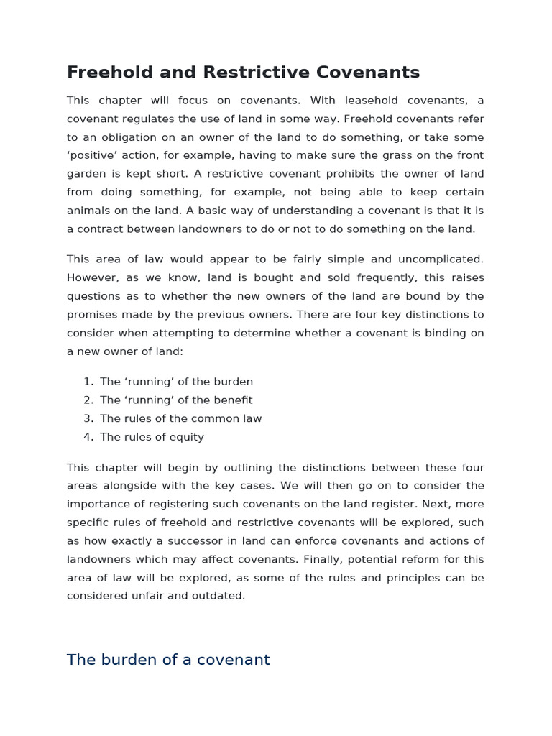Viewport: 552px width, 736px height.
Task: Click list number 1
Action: [88, 382]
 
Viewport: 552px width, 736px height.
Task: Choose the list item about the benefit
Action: [176, 400]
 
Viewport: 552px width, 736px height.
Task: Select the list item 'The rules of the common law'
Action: [180, 418]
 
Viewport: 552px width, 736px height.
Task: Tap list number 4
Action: [88, 437]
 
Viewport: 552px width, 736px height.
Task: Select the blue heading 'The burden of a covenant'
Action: [168, 660]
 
